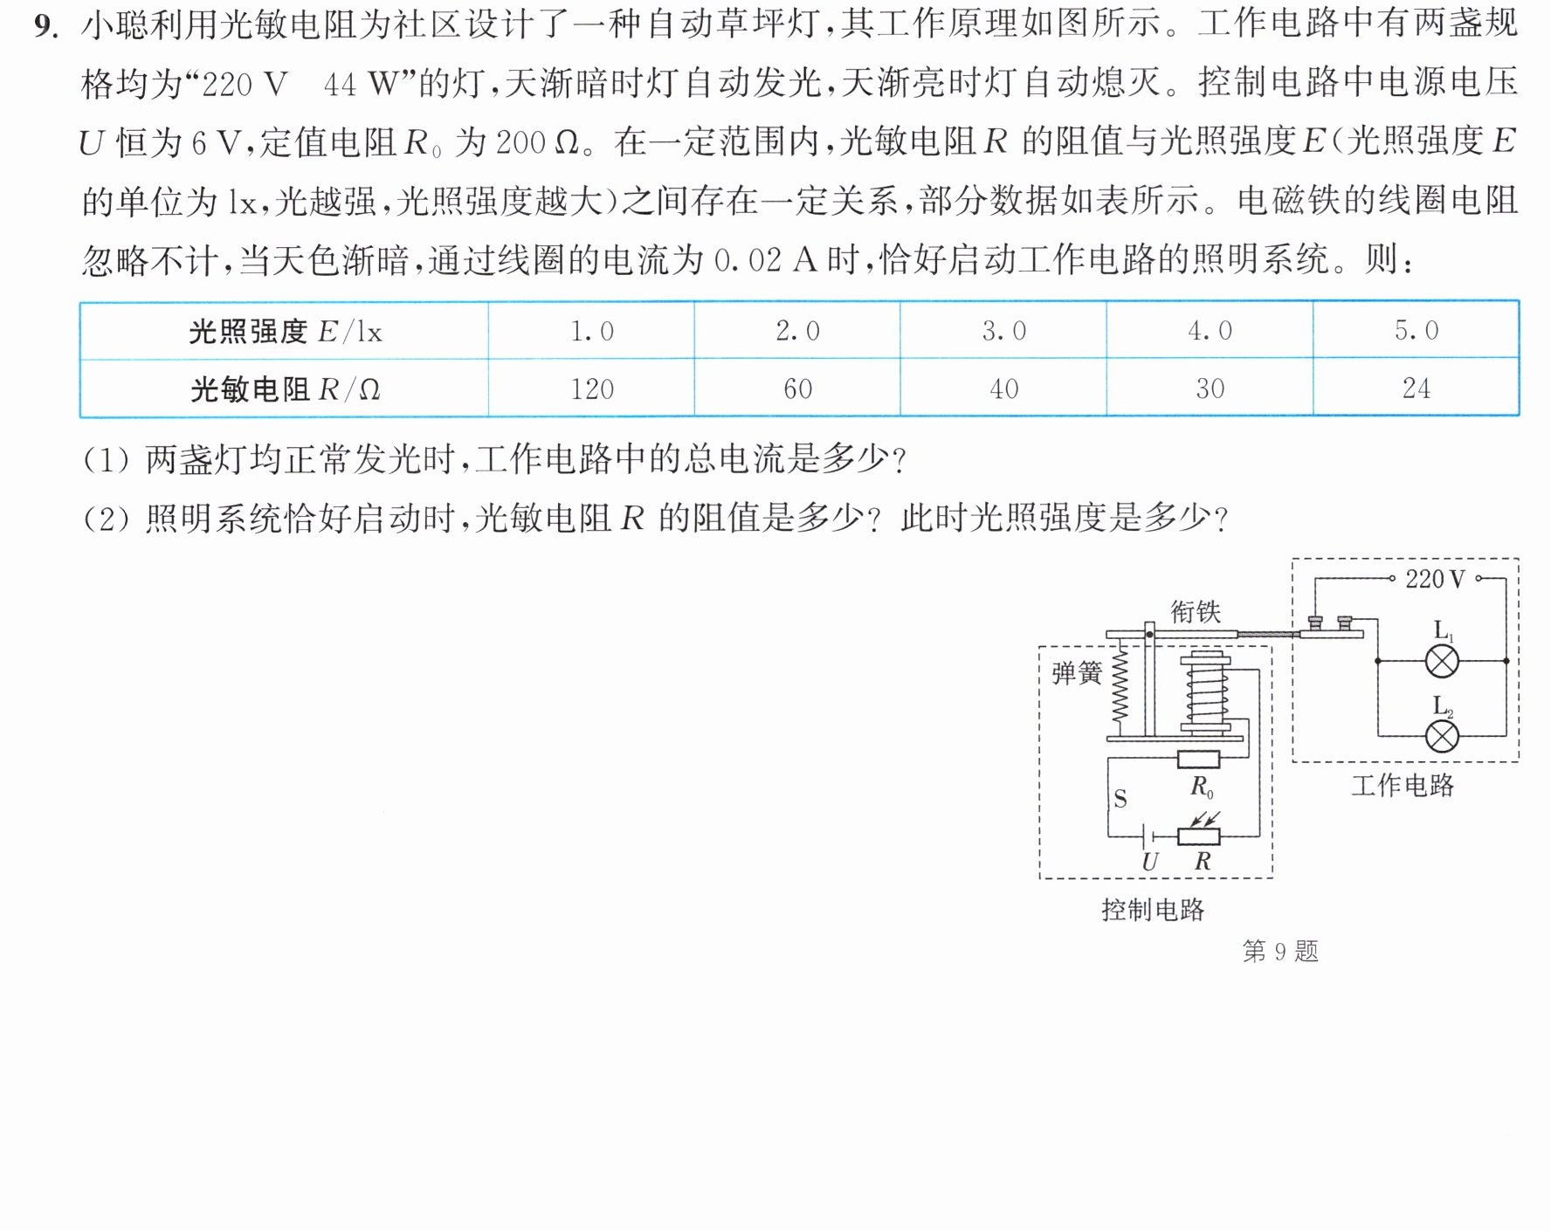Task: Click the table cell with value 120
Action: (591, 389)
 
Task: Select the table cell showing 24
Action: (1416, 388)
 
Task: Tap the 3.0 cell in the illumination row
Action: (1003, 330)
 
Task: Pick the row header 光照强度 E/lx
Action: (285, 331)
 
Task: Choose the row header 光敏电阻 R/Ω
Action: (285, 389)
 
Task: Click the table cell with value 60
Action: (797, 389)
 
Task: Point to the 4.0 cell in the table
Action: (1210, 330)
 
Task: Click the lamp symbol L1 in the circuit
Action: (1442, 661)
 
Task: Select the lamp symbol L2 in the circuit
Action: (1442, 736)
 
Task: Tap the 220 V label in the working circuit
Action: (1435, 579)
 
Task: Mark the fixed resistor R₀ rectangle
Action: (1198, 759)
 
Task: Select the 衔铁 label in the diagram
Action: (1195, 611)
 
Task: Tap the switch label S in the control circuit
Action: (1120, 799)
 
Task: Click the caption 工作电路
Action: (1403, 785)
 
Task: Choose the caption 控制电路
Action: (1153, 910)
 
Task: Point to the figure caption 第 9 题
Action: (1280, 951)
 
